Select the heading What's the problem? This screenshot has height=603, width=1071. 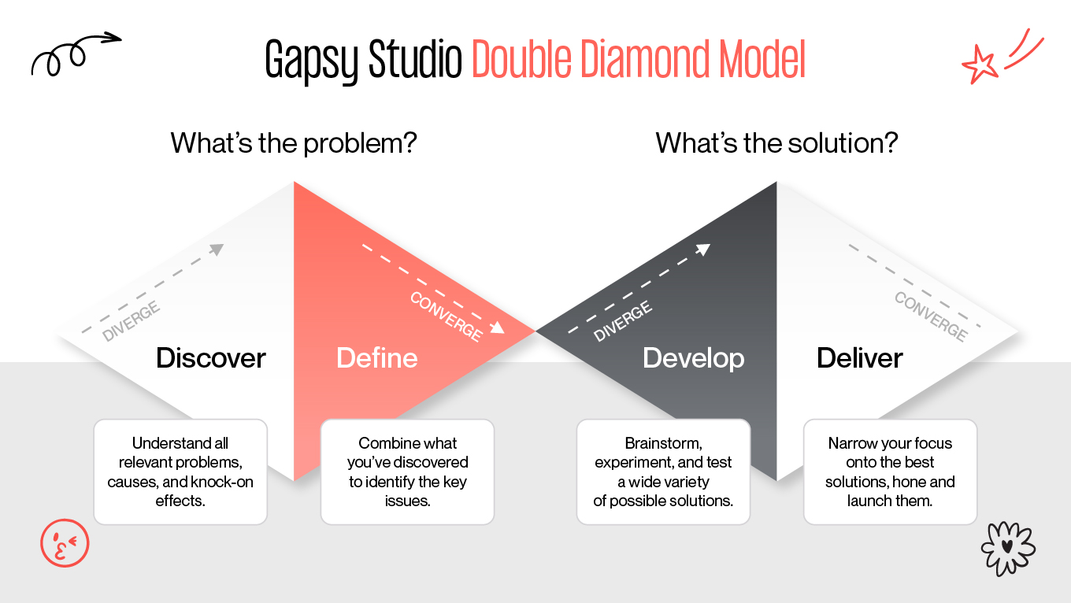coord(293,143)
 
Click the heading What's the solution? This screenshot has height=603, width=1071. coord(776,143)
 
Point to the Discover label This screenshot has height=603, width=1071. coord(211,358)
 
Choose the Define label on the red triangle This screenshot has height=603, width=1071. coord(376,358)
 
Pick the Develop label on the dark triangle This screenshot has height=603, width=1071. coord(693,358)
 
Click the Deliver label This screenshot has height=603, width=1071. coord(860,358)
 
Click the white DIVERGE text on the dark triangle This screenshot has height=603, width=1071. coord(623,321)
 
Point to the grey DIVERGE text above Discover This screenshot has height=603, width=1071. coord(132,321)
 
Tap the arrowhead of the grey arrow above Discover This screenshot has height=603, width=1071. coord(217,250)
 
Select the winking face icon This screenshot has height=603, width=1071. coord(65,542)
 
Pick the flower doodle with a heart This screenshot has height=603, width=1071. coord(1008,546)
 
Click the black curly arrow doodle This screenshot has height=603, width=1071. coord(74,53)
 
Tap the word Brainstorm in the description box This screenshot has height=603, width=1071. coord(663,443)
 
